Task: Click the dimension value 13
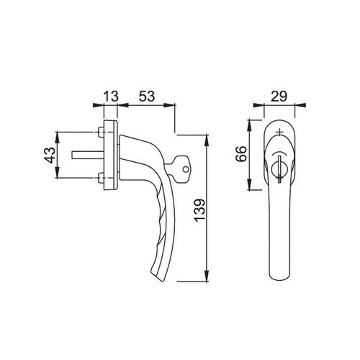click(x=111, y=96)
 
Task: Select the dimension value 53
click(x=146, y=96)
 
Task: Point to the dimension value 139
click(x=199, y=210)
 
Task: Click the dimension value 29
click(x=279, y=96)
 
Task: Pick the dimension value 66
click(x=241, y=154)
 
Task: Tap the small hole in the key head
click(x=185, y=169)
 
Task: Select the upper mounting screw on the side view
click(x=101, y=132)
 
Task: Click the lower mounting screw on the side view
click(x=101, y=179)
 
